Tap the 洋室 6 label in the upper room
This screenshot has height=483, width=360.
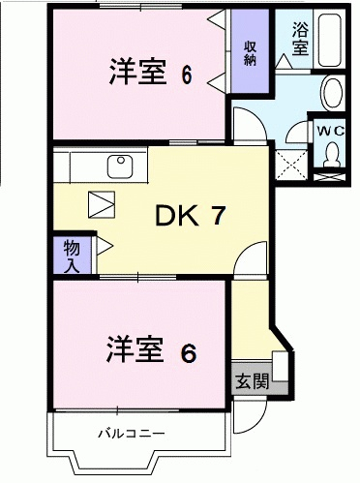tap(146, 72)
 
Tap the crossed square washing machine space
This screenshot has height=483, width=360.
tap(290, 162)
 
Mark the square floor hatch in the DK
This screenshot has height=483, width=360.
tap(100, 205)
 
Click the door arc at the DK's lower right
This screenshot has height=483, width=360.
tap(254, 259)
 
